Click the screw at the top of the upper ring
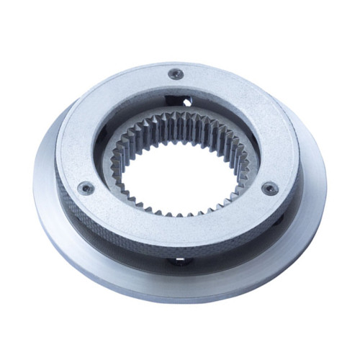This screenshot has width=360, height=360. point(175,73)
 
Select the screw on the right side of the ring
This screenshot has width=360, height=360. point(269,189)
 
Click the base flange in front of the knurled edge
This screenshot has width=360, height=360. point(180,277)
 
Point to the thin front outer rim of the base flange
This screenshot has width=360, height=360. point(180,297)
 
